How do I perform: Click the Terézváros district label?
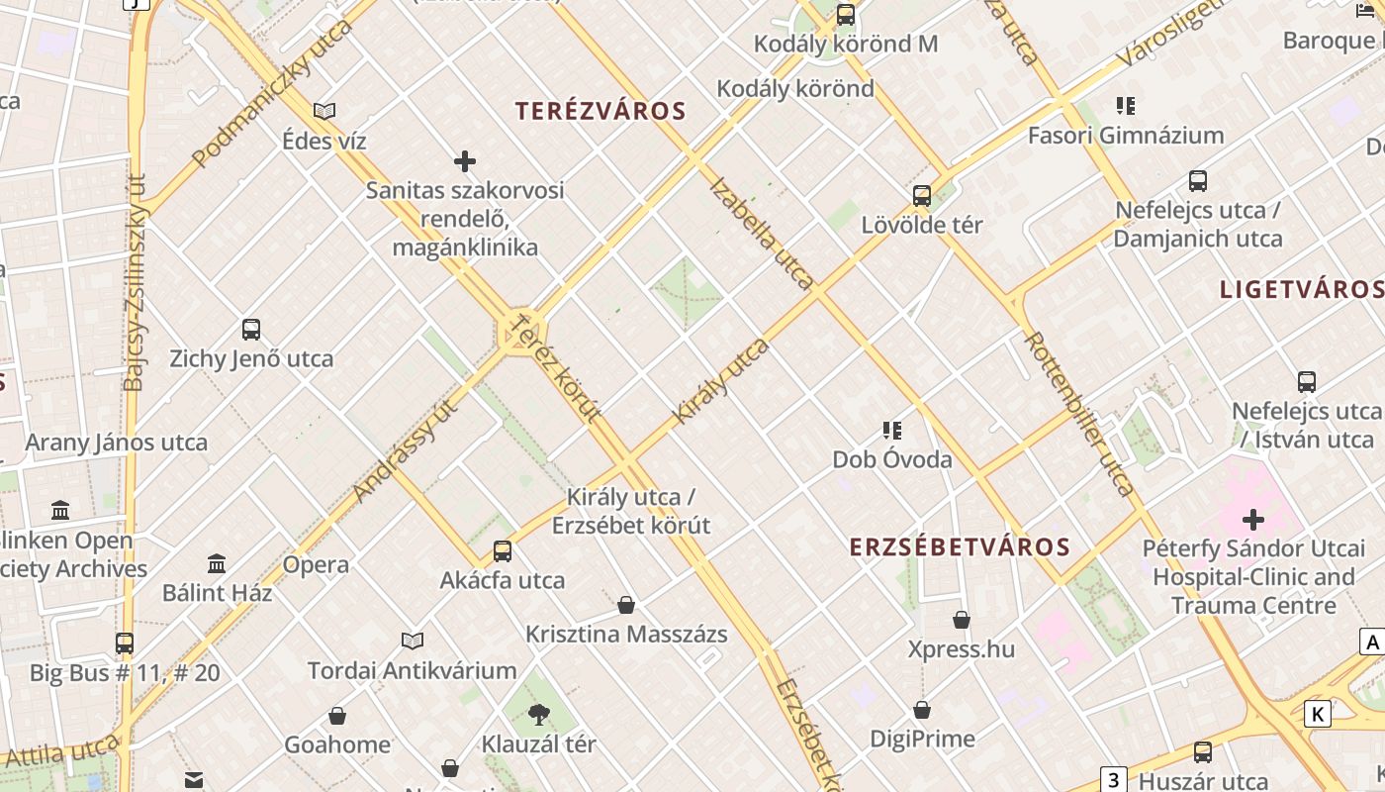pyautogui.click(x=600, y=111)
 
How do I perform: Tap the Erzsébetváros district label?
pyautogui.click(x=960, y=546)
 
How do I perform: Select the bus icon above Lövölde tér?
pyautogui.click(x=922, y=195)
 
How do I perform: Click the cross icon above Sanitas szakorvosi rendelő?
pyautogui.click(x=465, y=160)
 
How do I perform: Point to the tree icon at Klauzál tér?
pyautogui.click(x=539, y=713)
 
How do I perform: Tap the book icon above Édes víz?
pyautogui.click(x=324, y=111)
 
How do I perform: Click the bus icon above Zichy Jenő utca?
pyautogui.click(x=251, y=330)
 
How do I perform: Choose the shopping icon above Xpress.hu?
pyautogui.click(x=962, y=621)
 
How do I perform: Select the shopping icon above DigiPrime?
pyautogui.click(x=922, y=710)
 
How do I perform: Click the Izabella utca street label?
pyautogui.click(x=762, y=234)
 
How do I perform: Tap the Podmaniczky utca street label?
pyautogui.click(x=272, y=94)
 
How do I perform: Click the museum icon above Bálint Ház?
pyautogui.click(x=217, y=564)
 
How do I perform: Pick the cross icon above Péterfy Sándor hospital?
pyautogui.click(x=1253, y=519)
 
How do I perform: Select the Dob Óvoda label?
pyautogui.click(x=892, y=459)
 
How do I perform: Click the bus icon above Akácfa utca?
pyautogui.click(x=503, y=551)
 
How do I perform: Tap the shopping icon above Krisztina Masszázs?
pyautogui.click(x=626, y=605)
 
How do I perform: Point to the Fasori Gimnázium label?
pyautogui.click(x=1126, y=135)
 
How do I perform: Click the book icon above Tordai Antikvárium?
pyautogui.click(x=413, y=642)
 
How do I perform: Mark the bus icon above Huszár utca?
pyautogui.click(x=1203, y=752)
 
